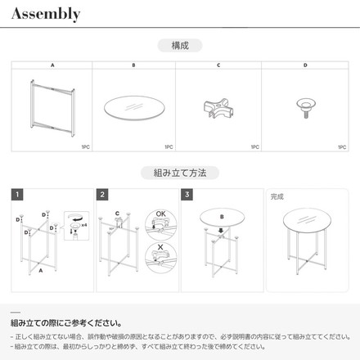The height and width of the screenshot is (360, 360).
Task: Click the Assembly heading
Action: pos(46,14)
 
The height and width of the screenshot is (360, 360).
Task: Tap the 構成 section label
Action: pos(180,46)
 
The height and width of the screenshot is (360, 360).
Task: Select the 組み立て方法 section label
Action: pos(180,173)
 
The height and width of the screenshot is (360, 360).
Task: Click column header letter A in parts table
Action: pos(52,65)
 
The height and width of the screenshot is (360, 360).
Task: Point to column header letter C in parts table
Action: pos(218,65)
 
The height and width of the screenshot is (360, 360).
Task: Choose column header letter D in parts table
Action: pos(306,65)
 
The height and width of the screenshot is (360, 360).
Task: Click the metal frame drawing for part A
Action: pos(51,106)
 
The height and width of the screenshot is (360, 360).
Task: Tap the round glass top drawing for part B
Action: pos(135,110)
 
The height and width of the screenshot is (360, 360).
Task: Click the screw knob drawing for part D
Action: pos(306,106)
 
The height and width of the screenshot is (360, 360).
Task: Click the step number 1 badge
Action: pos(16,196)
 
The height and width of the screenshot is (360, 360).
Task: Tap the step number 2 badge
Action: pos(102,196)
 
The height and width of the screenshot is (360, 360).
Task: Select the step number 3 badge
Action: pos(187,196)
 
